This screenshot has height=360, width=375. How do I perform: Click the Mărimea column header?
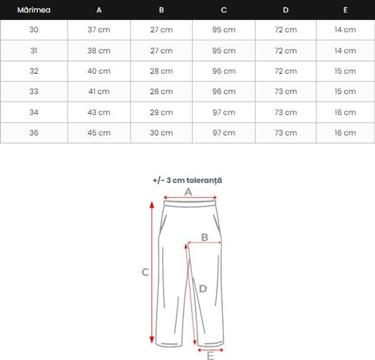coord(34,10)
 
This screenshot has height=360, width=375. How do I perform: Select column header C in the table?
coord(224,10)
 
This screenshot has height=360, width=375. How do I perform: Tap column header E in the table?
coord(345,10)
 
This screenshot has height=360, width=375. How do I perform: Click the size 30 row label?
coord(34,30)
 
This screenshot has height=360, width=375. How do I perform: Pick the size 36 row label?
coord(34,133)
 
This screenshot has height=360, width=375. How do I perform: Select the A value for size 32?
coord(99,71)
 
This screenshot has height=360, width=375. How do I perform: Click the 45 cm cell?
coord(99,133)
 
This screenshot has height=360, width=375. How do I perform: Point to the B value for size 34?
coord(161,112)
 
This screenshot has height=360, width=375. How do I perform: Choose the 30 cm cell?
coord(161,133)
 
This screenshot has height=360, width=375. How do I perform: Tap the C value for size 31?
coord(224,51)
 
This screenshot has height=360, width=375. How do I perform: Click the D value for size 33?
coord(286,92)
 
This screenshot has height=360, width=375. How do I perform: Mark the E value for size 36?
coord(345,133)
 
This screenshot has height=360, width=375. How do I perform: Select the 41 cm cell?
coord(99,92)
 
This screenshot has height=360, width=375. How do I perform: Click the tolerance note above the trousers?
coord(187,180)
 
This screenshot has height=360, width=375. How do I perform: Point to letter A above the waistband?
coord(188,192)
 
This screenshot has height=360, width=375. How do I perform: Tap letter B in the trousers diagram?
coord(205,237)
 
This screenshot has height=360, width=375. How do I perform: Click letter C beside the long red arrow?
coord(145,272)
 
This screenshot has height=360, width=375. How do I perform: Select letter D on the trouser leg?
coord(203,289)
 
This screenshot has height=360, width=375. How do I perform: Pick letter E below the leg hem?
coord(210,356)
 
